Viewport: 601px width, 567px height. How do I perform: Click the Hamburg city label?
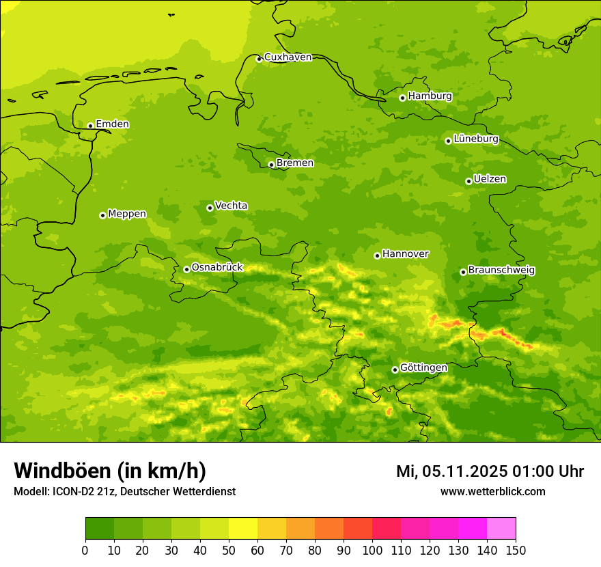430,96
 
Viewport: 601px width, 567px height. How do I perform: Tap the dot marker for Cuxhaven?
259,59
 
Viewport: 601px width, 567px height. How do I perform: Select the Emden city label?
112,124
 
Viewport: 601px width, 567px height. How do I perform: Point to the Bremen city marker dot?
271,165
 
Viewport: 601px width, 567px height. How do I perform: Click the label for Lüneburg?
475,139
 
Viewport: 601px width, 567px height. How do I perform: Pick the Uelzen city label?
490,179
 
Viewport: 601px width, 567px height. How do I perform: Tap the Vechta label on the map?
231,206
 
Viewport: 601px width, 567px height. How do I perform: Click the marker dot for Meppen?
102,215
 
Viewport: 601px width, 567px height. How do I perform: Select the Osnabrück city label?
217,267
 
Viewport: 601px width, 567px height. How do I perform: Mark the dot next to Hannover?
377,255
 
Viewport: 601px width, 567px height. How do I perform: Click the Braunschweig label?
501,270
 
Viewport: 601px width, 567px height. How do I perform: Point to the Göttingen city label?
423,368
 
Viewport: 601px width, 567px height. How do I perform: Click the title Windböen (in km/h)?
110,471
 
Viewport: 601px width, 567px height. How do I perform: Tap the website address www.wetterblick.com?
492,491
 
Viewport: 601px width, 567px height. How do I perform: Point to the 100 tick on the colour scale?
372,550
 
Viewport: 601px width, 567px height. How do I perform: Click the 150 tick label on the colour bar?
516,550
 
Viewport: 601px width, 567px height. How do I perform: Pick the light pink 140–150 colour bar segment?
501,529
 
